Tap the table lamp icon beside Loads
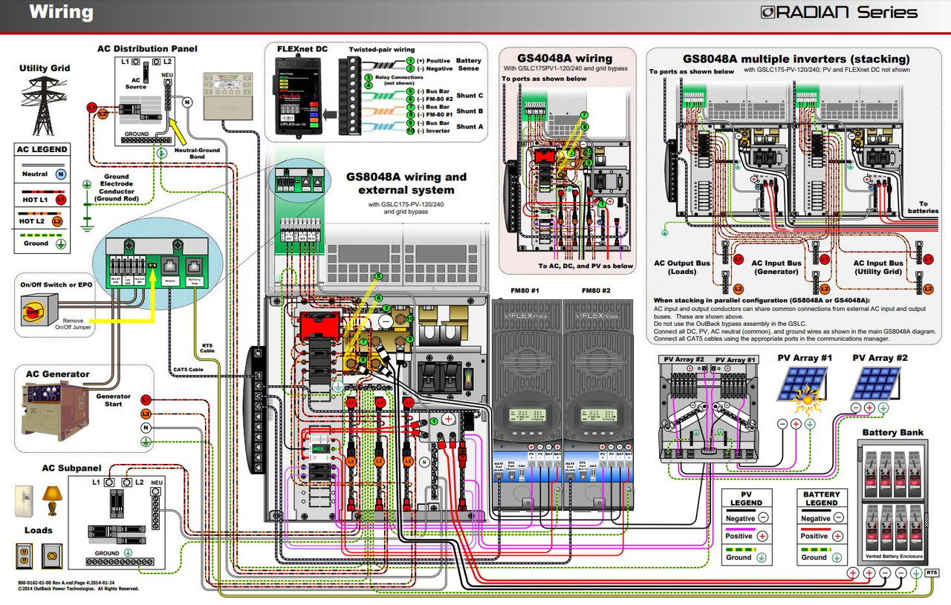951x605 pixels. coord(52,499)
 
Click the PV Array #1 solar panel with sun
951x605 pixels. coord(805,390)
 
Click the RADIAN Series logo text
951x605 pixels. coord(839,13)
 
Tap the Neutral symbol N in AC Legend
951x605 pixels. coord(62,174)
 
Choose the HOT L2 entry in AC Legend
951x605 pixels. coord(36,220)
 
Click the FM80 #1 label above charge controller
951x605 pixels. coord(525,290)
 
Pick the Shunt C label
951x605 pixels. coord(470,96)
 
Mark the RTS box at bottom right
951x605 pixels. coord(932,572)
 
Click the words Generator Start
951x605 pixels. coord(114,400)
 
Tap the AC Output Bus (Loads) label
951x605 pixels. coord(681,267)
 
